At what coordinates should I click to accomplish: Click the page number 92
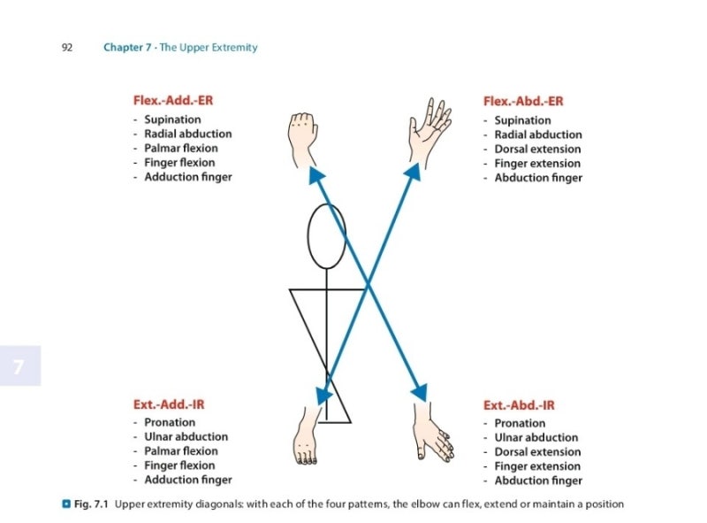click(66, 47)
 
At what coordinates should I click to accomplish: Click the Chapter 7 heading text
click(180, 47)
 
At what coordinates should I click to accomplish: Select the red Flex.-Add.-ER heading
click(173, 100)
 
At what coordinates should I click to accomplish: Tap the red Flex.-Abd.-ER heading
click(523, 101)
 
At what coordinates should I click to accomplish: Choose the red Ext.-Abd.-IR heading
click(519, 405)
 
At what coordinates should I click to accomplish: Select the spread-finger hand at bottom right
click(433, 434)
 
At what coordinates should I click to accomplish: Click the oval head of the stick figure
click(326, 235)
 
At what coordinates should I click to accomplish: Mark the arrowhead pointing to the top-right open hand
click(414, 172)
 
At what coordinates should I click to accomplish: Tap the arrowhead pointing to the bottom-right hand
click(419, 390)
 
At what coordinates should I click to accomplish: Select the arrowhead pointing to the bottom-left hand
click(323, 394)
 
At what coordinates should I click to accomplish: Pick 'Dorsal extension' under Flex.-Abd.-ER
click(537, 149)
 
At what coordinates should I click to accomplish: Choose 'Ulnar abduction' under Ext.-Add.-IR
click(186, 436)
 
